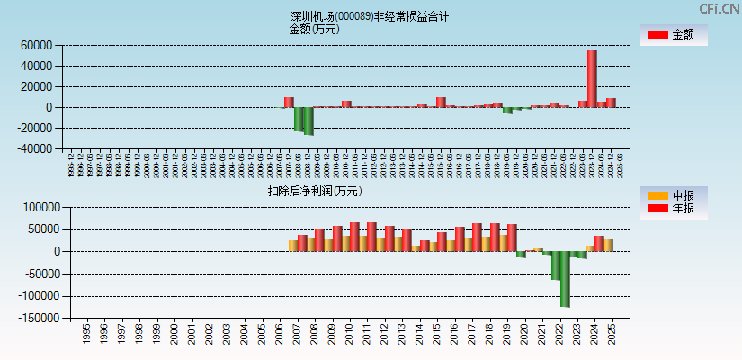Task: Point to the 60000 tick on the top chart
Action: [x=37, y=45]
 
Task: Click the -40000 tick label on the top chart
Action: [x=35, y=149]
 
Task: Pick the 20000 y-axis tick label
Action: [x=37, y=87]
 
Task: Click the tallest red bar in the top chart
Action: [x=592, y=78]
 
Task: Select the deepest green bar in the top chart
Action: [x=308, y=121]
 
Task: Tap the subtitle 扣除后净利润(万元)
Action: [x=314, y=191]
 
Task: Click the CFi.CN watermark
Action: [x=720, y=8]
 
